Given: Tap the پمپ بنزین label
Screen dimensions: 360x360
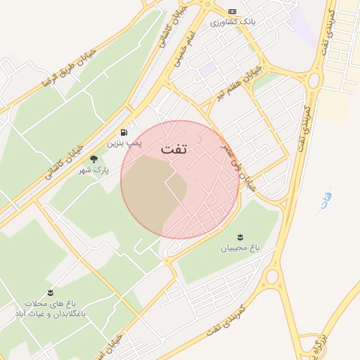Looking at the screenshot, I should point(124,143).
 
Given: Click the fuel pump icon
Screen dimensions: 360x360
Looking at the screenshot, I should point(124,131).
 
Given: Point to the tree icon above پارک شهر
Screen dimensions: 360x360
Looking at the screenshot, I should point(94,159).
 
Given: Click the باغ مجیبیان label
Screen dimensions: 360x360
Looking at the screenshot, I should point(240,247).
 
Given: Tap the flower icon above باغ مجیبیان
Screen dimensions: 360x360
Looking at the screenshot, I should point(240,236).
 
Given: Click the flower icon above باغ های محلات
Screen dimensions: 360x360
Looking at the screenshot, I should point(50,292).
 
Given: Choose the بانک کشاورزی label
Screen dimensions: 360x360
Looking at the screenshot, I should point(233,22).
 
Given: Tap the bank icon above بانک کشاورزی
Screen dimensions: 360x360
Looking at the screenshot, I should point(233,11).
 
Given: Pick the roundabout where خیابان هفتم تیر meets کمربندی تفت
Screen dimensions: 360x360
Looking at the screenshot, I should point(314,79).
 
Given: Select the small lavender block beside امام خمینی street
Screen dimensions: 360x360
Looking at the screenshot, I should point(207,69).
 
